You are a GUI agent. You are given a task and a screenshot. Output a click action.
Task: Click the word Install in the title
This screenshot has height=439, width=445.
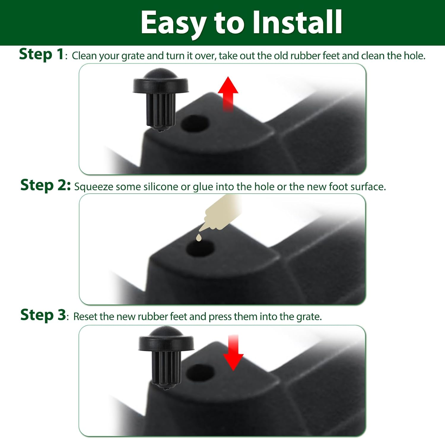point(298,22)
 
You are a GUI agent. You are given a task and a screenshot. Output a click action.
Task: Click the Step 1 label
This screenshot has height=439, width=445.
point(41,54)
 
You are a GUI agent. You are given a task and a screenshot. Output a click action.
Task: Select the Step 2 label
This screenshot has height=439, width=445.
point(45,185)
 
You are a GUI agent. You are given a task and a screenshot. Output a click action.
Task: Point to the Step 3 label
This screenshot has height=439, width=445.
point(43,315)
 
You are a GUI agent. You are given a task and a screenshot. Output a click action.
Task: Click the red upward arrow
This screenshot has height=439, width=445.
point(228,93)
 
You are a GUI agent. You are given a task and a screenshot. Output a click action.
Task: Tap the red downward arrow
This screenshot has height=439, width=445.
point(233,353)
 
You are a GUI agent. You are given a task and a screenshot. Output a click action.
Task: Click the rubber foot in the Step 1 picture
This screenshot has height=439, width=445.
point(160,100)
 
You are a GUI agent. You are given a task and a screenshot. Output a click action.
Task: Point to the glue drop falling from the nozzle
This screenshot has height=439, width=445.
point(199,237)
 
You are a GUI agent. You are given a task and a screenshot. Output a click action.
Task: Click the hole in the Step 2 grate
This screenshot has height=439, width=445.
point(200,248)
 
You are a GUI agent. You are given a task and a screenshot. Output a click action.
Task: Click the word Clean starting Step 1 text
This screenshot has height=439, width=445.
point(84,56)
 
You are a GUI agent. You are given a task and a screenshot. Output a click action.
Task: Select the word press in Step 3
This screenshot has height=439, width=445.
point(220,317)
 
